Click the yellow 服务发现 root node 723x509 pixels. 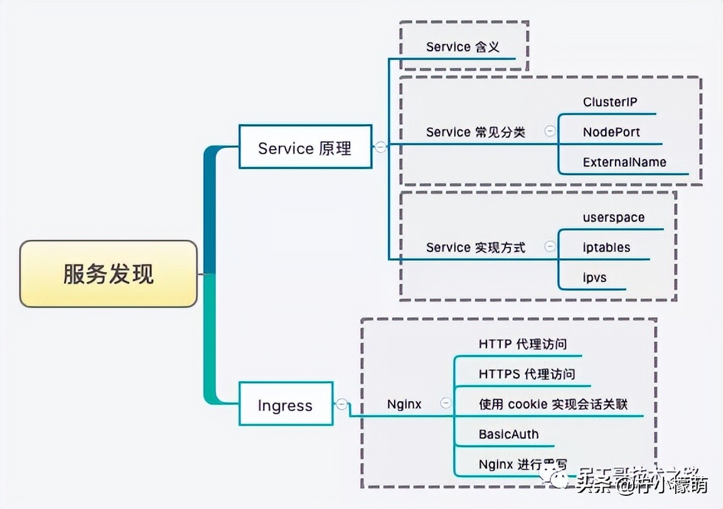[x=108, y=274]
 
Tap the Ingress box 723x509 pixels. [x=285, y=405]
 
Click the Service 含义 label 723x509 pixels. [x=463, y=47]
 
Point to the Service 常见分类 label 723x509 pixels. [x=475, y=132]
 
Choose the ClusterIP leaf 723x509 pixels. [x=610, y=102]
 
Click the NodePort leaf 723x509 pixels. [x=611, y=132]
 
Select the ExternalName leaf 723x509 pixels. [x=624, y=162]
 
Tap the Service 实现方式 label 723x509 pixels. [x=475, y=247]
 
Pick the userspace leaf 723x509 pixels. [x=613, y=218]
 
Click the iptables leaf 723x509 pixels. [x=606, y=247]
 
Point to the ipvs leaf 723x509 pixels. [x=594, y=276]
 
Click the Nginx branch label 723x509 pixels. [x=404, y=404]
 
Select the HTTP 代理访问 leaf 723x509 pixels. [x=522, y=344]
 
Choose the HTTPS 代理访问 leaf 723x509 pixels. [x=526, y=374]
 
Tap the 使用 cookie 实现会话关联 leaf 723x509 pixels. [x=553, y=404]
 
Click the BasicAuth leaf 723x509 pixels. [x=508, y=434]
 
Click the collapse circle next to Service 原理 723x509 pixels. [x=380, y=147]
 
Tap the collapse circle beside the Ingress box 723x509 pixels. [x=341, y=404]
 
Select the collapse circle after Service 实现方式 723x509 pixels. [x=550, y=246]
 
